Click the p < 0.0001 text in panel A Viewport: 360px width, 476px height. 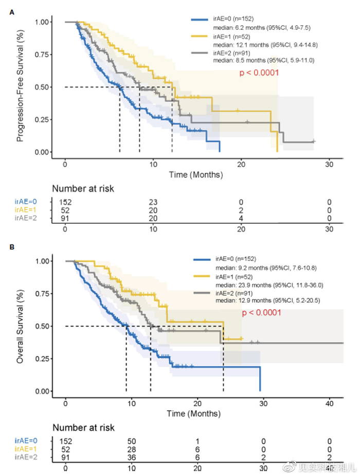coord(259,73)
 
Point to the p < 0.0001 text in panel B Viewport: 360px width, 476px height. coord(262,312)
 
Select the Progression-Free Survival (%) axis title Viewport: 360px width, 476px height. coord(21,87)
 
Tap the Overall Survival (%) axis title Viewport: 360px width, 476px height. coord(21,326)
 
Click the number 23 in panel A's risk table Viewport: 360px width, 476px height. coord(153,202)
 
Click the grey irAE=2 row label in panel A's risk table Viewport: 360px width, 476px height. coord(25,219)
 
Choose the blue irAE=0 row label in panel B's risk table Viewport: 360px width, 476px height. coord(25,441)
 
